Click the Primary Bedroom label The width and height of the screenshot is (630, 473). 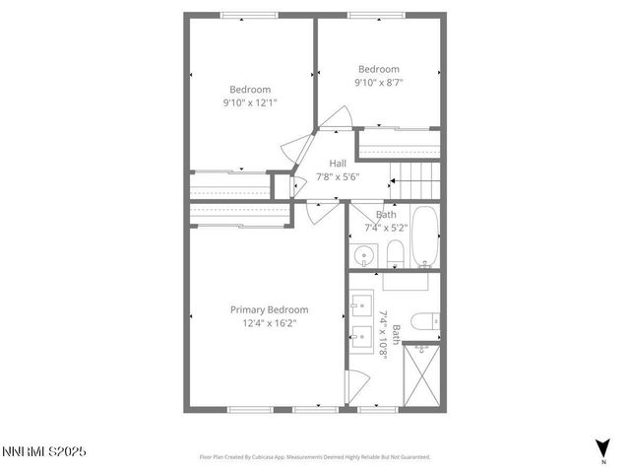[269, 309]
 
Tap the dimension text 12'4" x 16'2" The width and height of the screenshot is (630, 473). [269, 322]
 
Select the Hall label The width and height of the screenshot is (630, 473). [338, 164]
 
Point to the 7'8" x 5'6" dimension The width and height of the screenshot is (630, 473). [338, 177]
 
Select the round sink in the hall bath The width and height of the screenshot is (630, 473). [363, 256]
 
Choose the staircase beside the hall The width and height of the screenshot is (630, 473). [417, 178]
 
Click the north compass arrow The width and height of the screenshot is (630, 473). [602, 446]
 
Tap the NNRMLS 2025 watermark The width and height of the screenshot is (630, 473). [44, 451]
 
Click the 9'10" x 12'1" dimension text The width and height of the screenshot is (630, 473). [250, 101]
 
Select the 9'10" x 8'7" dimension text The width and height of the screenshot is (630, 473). [378, 83]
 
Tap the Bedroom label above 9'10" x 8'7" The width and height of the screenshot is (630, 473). [378, 69]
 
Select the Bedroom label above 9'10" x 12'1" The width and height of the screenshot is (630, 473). [250, 89]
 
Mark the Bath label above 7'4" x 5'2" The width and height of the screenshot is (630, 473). [386, 214]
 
